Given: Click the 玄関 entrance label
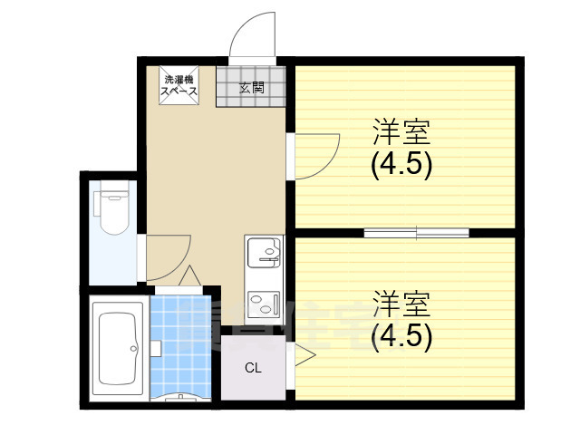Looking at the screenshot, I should coord(252,88).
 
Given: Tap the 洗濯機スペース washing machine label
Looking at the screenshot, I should coord(178,85).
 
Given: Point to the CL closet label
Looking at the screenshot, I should coord(253,368).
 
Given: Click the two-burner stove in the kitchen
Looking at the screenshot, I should coord(263,304).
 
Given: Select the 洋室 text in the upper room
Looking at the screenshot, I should coord(401,132).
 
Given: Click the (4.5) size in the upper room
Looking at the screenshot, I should coord(401,165).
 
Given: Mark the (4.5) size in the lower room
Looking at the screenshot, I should coord(401,336).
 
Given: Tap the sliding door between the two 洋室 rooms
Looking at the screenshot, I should coord(417,233).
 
